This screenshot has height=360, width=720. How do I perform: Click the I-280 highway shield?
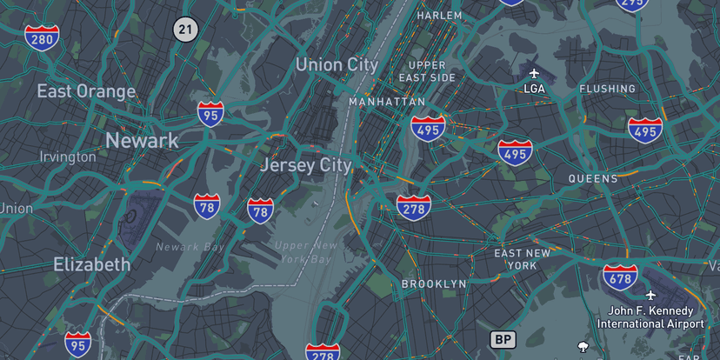[x=42, y=37]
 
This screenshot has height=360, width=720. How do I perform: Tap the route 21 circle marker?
[x=185, y=30]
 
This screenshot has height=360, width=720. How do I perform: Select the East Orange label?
[x=86, y=91]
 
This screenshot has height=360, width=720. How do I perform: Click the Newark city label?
[x=142, y=140]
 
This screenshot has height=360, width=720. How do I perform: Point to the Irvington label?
[x=68, y=157]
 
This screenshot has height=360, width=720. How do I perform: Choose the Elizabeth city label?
[x=91, y=264]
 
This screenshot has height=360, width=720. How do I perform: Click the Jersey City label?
[x=306, y=165]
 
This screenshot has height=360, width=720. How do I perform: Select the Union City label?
[x=337, y=64]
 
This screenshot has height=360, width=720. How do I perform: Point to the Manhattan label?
[x=387, y=102]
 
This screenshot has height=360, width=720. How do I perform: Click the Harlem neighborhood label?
[x=439, y=16]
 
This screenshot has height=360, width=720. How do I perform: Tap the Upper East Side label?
[x=427, y=71]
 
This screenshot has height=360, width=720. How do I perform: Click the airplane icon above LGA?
[x=534, y=72]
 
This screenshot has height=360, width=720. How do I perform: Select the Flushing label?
[x=607, y=89]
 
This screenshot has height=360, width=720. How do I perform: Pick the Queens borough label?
[x=593, y=179]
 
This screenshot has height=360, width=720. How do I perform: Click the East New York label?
[x=522, y=259]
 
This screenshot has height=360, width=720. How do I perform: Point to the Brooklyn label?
[x=434, y=284]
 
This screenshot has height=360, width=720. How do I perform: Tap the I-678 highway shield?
[x=620, y=277]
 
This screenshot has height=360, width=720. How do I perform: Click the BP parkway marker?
[x=503, y=339]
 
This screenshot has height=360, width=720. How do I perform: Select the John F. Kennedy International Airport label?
[x=650, y=317]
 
